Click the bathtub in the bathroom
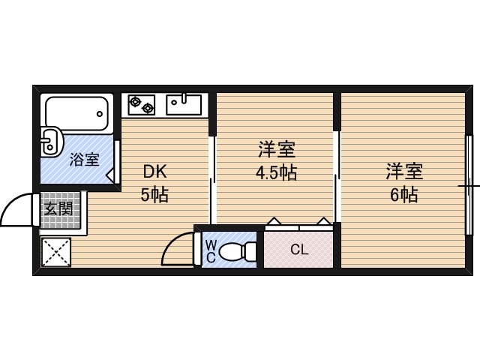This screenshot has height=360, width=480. (x=76, y=113)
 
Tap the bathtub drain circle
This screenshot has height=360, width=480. (x=100, y=114)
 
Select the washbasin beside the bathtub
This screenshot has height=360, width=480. (x=51, y=142)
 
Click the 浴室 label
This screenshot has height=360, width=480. (x=85, y=159)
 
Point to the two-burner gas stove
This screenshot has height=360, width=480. (x=142, y=105)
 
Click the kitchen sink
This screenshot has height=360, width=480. (x=184, y=104)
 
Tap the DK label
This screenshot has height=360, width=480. (x=155, y=172)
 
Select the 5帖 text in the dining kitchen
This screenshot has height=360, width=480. (x=154, y=194)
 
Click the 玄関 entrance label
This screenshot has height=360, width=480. (x=58, y=209)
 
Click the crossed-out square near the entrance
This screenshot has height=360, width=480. (x=56, y=252)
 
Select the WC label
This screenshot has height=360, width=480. (x=211, y=251)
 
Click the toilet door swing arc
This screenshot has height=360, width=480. (x=172, y=241)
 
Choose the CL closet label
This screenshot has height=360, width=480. (x=299, y=250)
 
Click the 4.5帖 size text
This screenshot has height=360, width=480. (x=276, y=172)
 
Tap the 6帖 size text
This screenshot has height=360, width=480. (x=404, y=194)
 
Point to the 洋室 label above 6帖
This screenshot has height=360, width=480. (x=404, y=172)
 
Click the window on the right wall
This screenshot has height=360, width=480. (x=469, y=185)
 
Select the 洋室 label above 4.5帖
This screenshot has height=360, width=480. (x=277, y=149)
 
